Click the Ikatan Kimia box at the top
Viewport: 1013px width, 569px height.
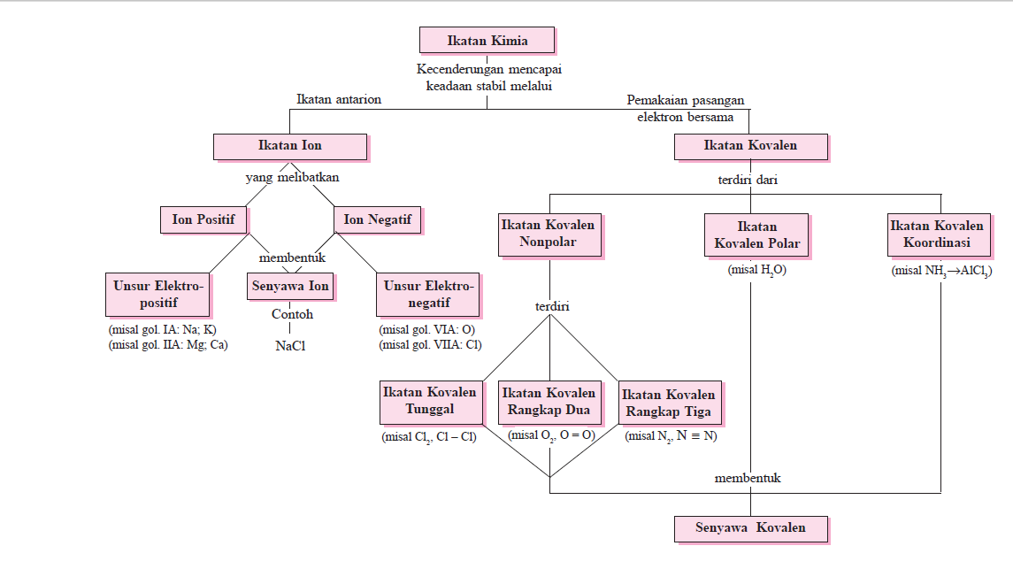click(x=487, y=41)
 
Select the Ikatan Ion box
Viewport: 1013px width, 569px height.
click(x=290, y=146)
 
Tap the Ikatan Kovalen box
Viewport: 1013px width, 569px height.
click(x=750, y=146)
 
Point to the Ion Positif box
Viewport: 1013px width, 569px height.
click(x=203, y=219)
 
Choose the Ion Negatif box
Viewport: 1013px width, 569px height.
click(x=377, y=219)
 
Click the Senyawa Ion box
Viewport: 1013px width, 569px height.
click(x=290, y=287)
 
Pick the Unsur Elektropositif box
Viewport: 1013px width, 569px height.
click(x=158, y=294)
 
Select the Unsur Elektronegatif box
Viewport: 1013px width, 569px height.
click(x=428, y=294)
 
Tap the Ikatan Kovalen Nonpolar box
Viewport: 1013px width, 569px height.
click(x=549, y=234)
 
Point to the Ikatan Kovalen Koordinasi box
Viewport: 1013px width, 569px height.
click(x=941, y=234)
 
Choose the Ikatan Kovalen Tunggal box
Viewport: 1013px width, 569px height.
click(x=430, y=401)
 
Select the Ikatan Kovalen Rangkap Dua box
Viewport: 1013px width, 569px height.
click(x=549, y=402)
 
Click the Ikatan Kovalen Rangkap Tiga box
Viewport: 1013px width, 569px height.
click(x=668, y=404)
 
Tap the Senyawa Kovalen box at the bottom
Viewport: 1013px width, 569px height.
click(x=750, y=528)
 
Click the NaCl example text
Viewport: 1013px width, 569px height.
click(x=291, y=345)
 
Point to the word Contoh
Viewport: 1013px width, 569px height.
click(x=292, y=314)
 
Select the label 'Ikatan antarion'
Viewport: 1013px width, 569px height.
click(x=339, y=99)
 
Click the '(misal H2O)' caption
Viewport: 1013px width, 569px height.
click(x=756, y=270)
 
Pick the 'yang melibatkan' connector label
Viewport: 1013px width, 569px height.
click(x=292, y=177)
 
